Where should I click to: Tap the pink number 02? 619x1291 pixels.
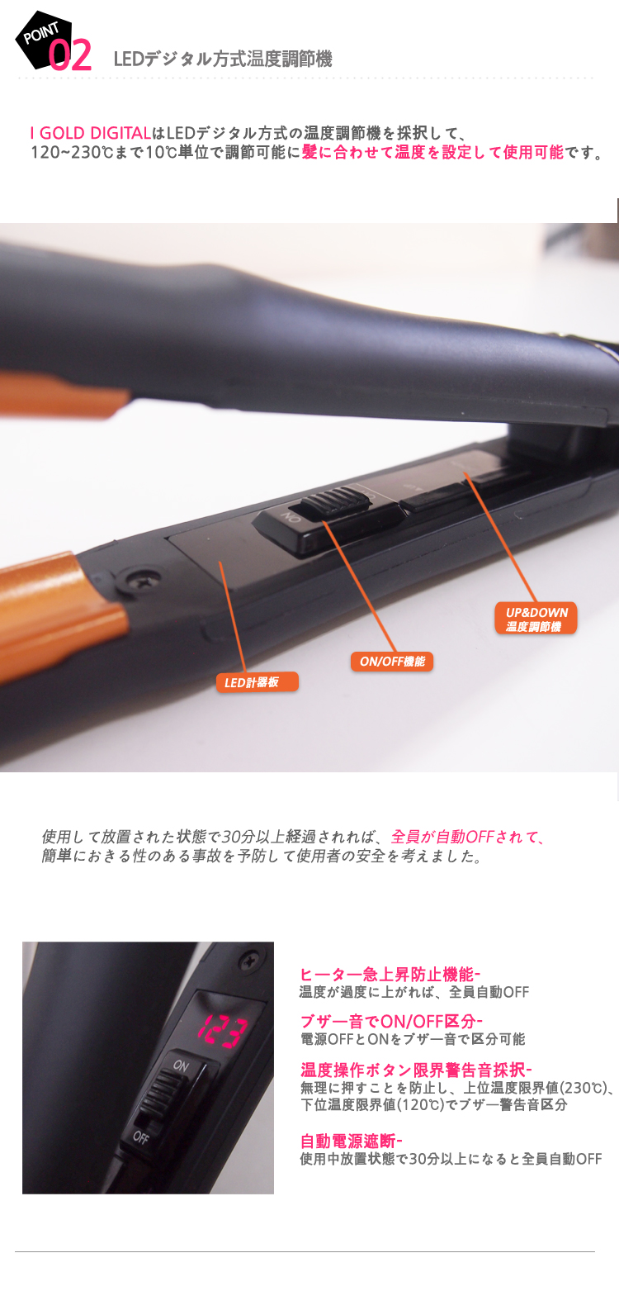69,56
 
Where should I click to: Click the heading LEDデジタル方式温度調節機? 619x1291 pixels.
223,59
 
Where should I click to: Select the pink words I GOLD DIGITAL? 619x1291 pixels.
91,133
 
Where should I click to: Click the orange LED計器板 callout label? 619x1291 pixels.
257,682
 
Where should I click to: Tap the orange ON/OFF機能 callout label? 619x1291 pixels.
392,661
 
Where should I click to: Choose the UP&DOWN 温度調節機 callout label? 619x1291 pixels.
536,619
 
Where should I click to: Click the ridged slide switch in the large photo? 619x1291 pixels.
336,499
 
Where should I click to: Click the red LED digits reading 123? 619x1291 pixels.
224,1031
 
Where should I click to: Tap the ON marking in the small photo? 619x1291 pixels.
181,1065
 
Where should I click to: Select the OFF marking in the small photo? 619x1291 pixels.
141,1137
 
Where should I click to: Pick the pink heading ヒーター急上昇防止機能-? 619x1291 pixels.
390,975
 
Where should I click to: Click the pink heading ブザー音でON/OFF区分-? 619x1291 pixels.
391,1022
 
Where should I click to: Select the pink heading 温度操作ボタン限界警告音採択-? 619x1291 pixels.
416,1070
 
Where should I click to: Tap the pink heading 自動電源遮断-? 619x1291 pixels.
351,1141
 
